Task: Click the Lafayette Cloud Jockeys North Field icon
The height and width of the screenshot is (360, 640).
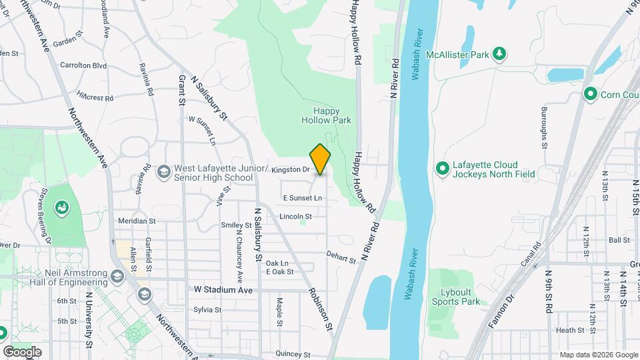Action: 441,169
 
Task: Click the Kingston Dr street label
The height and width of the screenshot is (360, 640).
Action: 291,170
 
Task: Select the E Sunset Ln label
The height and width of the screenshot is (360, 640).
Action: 303,198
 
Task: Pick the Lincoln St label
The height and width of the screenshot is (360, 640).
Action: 295,217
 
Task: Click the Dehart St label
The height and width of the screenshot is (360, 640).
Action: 341,257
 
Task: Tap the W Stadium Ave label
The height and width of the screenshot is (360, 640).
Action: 223,290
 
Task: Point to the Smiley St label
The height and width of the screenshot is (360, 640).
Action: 235,225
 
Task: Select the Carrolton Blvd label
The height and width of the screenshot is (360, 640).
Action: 83,65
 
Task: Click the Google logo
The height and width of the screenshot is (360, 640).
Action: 22,351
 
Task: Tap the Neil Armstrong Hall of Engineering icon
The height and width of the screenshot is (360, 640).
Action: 117,276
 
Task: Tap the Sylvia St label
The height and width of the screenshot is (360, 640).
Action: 207,310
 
